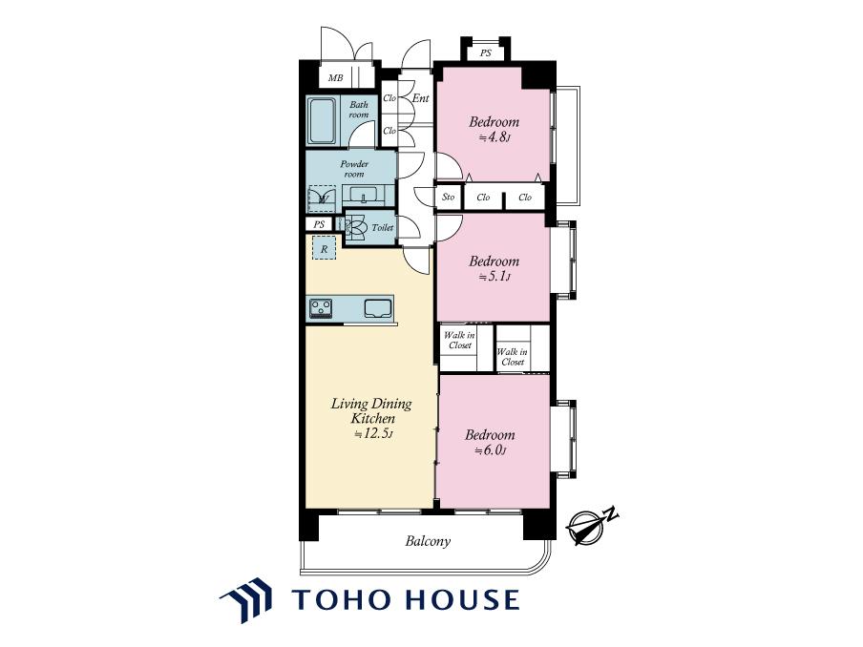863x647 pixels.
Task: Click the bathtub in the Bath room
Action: click(x=322, y=121)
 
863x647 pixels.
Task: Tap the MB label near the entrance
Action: click(x=336, y=78)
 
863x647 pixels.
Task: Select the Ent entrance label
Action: click(x=420, y=98)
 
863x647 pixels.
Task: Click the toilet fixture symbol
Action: click(x=355, y=228)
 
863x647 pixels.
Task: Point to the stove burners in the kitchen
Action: click(x=321, y=308)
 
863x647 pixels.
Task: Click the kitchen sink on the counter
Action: click(x=378, y=307)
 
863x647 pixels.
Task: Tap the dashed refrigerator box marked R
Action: click(x=325, y=248)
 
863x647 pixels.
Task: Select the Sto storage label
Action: click(x=449, y=197)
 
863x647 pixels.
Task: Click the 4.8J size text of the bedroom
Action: click(x=495, y=137)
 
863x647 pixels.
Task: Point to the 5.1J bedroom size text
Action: click(x=494, y=277)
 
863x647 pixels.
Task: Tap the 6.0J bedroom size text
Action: click(x=490, y=450)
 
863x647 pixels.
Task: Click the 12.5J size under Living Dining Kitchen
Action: click(x=373, y=433)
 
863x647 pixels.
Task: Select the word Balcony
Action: click(x=428, y=541)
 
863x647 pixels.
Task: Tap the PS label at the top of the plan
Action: click(x=485, y=53)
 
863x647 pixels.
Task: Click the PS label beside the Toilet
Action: click(x=319, y=224)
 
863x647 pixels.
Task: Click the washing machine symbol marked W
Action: click(x=322, y=198)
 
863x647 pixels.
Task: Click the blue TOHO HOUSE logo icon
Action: click(x=246, y=599)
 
